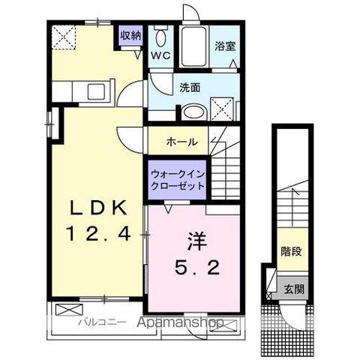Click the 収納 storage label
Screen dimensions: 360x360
click(x=132, y=35)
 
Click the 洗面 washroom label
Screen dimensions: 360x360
click(x=190, y=86)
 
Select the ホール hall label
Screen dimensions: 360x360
click(x=182, y=141)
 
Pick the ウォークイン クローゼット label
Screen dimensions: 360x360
click(x=178, y=178)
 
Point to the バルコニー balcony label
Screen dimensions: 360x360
click(x=95, y=323)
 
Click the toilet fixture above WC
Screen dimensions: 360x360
click(x=160, y=37)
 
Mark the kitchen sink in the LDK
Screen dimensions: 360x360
click(x=97, y=93)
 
